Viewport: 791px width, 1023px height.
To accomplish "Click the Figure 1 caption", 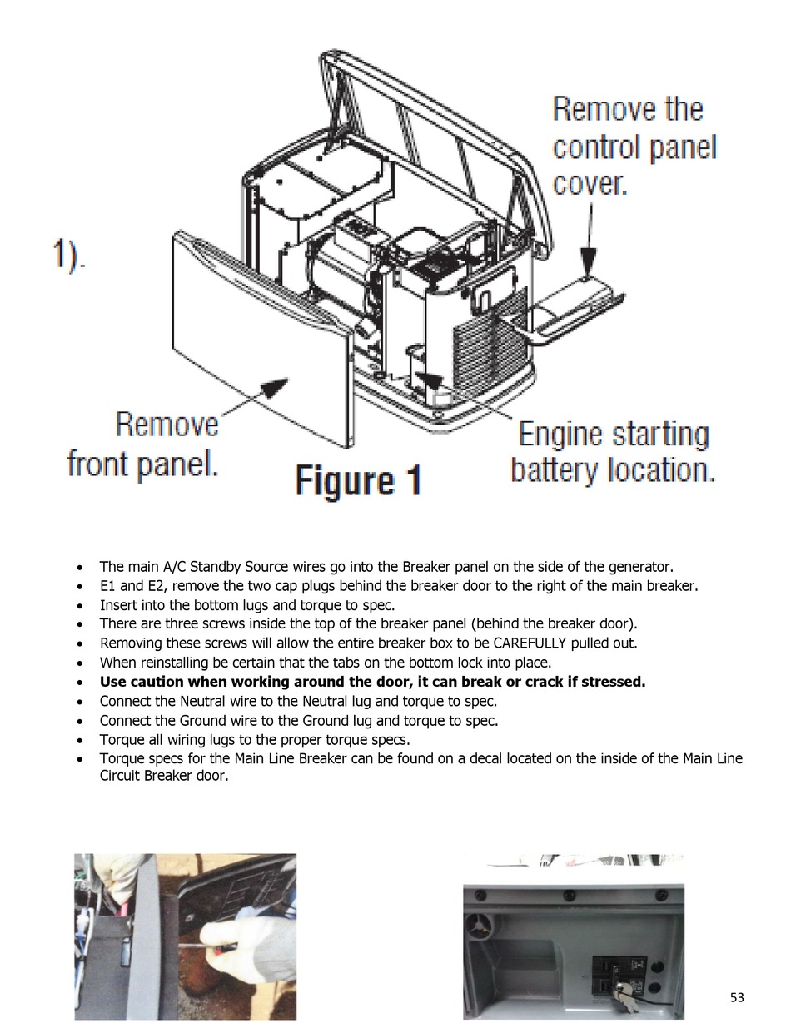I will (358, 481).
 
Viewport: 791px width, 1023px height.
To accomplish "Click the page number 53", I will (737, 997).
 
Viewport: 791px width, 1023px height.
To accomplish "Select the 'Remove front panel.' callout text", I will (144, 443).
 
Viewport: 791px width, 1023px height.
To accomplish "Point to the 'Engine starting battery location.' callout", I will (613, 452).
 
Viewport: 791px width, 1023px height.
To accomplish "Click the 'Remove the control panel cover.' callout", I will (634, 146).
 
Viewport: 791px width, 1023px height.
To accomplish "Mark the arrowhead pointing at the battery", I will (428, 382).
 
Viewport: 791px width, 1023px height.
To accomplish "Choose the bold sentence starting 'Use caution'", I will (372, 683).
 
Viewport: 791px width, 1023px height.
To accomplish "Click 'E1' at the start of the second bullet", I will (108, 586).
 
